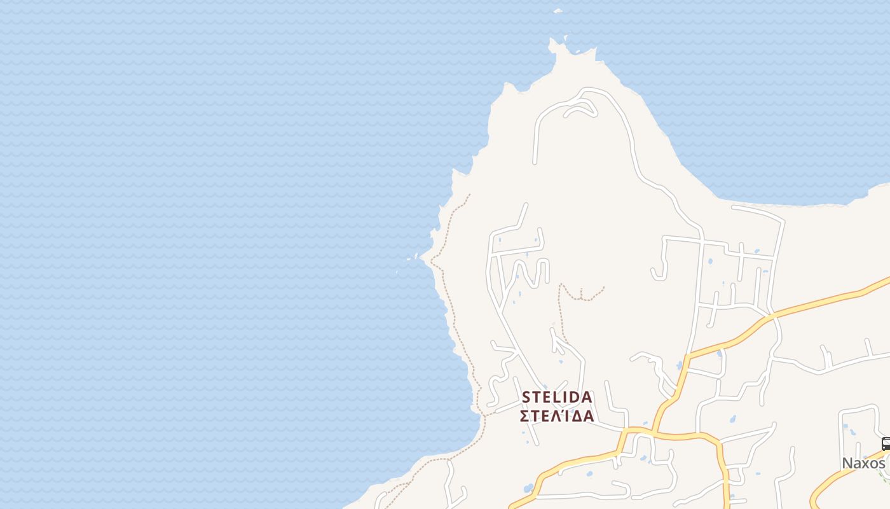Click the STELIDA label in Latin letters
(x=557, y=397)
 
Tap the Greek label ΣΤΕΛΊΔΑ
(x=557, y=416)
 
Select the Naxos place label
(x=863, y=463)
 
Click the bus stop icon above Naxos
(x=886, y=444)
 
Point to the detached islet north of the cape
(x=558, y=11)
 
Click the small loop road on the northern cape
(x=581, y=109)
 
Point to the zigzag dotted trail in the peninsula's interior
(x=582, y=295)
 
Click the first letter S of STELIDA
(x=526, y=397)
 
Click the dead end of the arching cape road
(x=536, y=162)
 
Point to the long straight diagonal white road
(x=515, y=331)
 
